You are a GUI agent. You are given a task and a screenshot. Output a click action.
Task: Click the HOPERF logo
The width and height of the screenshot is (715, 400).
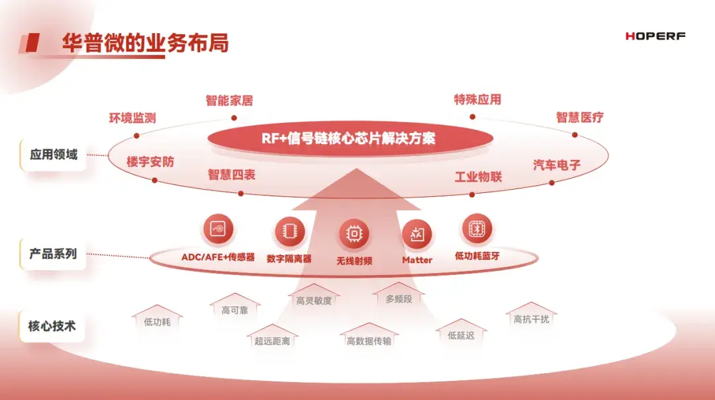click(655, 36)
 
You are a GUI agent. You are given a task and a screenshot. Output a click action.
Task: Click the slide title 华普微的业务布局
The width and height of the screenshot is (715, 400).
click(145, 43)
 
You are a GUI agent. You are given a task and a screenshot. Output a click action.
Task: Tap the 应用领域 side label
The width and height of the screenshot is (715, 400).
click(54, 155)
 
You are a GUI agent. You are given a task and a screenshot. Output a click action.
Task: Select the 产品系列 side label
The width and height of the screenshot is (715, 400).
click(53, 254)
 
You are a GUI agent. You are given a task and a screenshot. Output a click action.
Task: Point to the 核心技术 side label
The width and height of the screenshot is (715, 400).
click(52, 326)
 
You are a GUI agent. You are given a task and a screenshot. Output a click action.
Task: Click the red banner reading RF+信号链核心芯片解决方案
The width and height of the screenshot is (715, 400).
click(350, 138)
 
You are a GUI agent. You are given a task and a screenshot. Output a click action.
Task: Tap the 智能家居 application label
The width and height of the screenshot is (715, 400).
click(229, 100)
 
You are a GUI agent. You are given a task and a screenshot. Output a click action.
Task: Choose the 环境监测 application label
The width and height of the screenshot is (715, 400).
click(132, 118)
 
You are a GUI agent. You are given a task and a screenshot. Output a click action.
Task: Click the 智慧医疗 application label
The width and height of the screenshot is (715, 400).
click(579, 118)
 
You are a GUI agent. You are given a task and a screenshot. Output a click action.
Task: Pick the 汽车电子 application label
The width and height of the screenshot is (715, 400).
click(557, 165)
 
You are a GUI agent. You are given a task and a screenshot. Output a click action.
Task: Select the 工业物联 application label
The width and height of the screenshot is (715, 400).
click(479, 177)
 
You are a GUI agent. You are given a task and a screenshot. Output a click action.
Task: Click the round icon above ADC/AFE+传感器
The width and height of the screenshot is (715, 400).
click(218, 229)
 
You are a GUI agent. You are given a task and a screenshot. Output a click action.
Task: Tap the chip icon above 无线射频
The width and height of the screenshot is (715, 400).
click(354, 234)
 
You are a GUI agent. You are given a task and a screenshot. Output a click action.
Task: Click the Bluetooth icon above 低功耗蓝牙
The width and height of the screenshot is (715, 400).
click(477, 229)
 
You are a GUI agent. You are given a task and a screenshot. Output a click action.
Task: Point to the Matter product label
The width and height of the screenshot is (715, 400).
click(417, 260)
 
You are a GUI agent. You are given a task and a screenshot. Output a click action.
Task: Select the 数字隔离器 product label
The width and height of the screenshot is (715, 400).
click(289, 259)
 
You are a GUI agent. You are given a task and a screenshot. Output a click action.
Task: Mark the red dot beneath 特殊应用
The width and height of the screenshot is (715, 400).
click(473, 117)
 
